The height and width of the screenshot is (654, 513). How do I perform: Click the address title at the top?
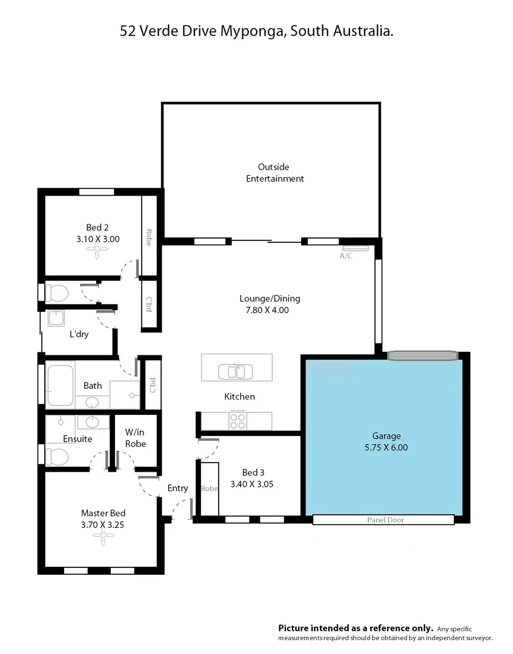[x=257, y=31]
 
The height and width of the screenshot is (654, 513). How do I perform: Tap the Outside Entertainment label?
[x=274, y=173]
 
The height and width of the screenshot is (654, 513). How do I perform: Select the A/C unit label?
[x=345, y=256]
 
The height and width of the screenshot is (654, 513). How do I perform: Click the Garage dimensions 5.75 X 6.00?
[x=386, y=448]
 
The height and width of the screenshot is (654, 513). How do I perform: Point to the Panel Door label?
[x=385, y=520]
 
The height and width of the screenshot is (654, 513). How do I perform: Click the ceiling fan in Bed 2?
[x=98, y=255]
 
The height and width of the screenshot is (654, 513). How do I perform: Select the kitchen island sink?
[x=236, y=371]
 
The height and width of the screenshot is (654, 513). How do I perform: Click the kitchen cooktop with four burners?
[x=237, y=420]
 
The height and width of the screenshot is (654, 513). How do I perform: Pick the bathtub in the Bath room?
[x=60, y=383]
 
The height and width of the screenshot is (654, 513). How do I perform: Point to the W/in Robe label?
[x=136, y=438]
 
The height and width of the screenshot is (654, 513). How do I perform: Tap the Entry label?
[x=177, y=488]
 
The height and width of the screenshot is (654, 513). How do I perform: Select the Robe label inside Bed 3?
[x=210, y=489]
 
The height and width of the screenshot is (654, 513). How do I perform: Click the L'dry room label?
[x=79, y=334]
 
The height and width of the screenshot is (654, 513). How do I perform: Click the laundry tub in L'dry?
[x=56, y=318]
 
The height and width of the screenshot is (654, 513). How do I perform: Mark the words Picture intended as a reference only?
[x=356, y=628]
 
